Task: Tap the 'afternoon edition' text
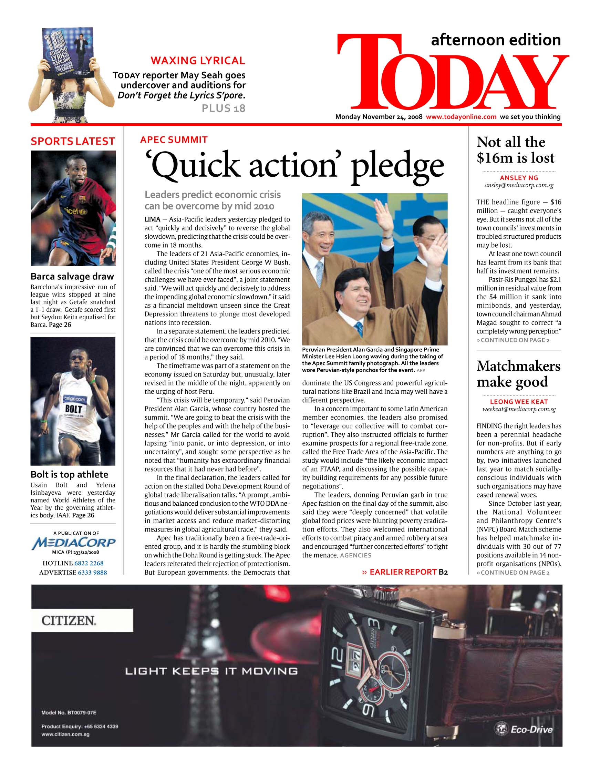pos(496,40)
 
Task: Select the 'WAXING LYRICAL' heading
pos(198,61)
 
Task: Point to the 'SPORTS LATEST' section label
pos(73,142)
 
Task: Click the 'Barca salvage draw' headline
pos(72,276)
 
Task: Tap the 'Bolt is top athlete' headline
pos(69,474)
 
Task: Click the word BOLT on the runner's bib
pos(74,409)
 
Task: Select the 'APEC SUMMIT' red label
pos(174,140)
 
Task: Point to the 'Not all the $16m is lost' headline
pos(516,150)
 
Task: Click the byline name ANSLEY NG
pos(519,178)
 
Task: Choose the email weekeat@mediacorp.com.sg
pos(519,409)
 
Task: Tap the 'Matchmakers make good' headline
pos(518,374)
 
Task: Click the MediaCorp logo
pos(73,543)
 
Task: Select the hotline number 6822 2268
pos(89,563)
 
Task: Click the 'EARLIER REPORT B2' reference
pos(405,572)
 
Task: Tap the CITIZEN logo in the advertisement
pos(69,621)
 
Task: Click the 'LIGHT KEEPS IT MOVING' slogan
pos(211,671)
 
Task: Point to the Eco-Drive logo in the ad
pos(524,730)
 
